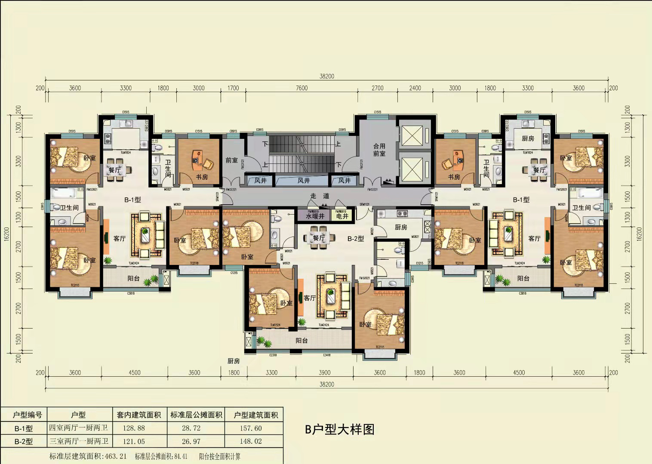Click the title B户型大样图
click(339, 429)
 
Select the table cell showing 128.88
click(134, 428)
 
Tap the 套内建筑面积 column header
click(138, 415)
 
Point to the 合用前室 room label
click(379, 150)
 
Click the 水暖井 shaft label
click(315, 216)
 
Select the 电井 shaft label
click(342, 216)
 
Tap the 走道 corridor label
click(320, 196)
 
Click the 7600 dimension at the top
click(301, 88)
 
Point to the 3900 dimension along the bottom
click(324, 372)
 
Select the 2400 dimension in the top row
click(415, 88)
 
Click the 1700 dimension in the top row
click(233, 88)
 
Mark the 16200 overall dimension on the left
click(6, 234)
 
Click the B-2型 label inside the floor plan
click(356, 238)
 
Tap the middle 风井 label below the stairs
click(303, 181)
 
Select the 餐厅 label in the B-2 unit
click(319, 238)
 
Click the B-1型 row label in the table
click(24, 428)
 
